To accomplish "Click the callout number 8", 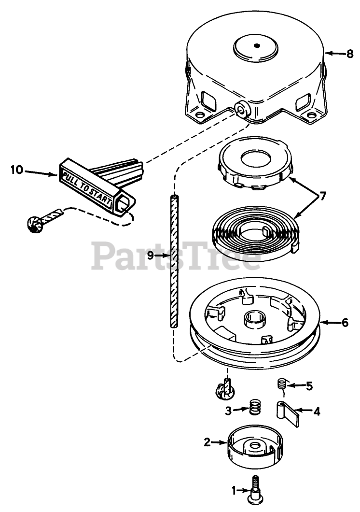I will pyautogui.click(x=350, y=54).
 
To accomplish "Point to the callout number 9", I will pyautogui.click(x=150, y=256).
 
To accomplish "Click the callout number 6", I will pyautogui.click(x=345, y=323).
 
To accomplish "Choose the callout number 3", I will pyautogui.click(x=229, y=411).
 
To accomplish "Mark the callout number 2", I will pyautogui.click(x=207, y=441).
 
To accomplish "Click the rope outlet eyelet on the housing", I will pyautogui.click(x=241, y=109).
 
